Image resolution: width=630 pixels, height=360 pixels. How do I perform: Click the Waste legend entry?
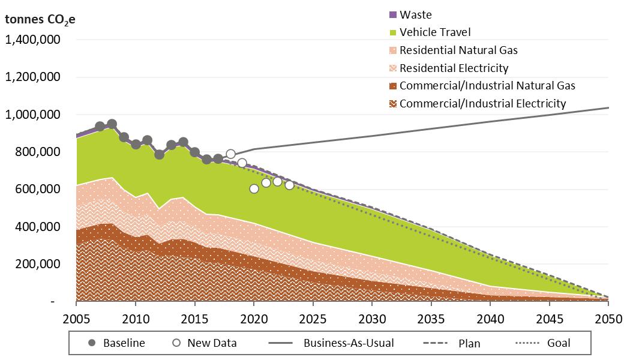click(x=415, y=15)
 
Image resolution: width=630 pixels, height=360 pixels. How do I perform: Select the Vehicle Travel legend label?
click(x=435, y=32)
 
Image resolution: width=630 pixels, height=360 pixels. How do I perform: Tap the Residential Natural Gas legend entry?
click(x=458, y=50)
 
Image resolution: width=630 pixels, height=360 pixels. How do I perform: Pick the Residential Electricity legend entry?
click(x=454, y=68)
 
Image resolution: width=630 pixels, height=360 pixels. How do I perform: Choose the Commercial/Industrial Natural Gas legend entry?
click(x=487, y=86)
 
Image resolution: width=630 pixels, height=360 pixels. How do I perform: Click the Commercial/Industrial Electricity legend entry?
click(x=482, y=103)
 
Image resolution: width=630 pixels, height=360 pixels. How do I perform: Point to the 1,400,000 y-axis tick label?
click(x=40, y=40)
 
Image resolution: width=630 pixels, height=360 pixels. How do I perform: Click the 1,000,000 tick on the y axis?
click(x=40, y=115)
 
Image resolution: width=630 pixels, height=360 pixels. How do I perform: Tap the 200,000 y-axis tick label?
click(x=45, y=264)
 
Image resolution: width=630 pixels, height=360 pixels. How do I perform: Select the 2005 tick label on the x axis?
click(x=77, y=317)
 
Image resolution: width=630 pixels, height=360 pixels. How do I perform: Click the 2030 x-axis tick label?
click(x=373, y=317)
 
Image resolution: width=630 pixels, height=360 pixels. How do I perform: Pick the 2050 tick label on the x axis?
click(x=608, y=317)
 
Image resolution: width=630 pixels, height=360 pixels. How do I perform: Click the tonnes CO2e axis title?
click(x=40, y=19)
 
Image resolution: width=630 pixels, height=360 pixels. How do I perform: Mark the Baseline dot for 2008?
click(x=112, y=124)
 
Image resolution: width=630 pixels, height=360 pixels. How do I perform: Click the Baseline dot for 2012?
click(x=159, y=154)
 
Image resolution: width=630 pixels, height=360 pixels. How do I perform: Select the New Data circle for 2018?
click(x=230, y=154)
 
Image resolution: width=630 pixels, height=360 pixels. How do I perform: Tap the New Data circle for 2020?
click(x=254, y=188)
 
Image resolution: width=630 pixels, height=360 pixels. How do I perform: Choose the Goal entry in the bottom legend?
click(x=558, y=343)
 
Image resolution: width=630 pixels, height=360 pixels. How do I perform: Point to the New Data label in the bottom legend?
click(x=212, y=343)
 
